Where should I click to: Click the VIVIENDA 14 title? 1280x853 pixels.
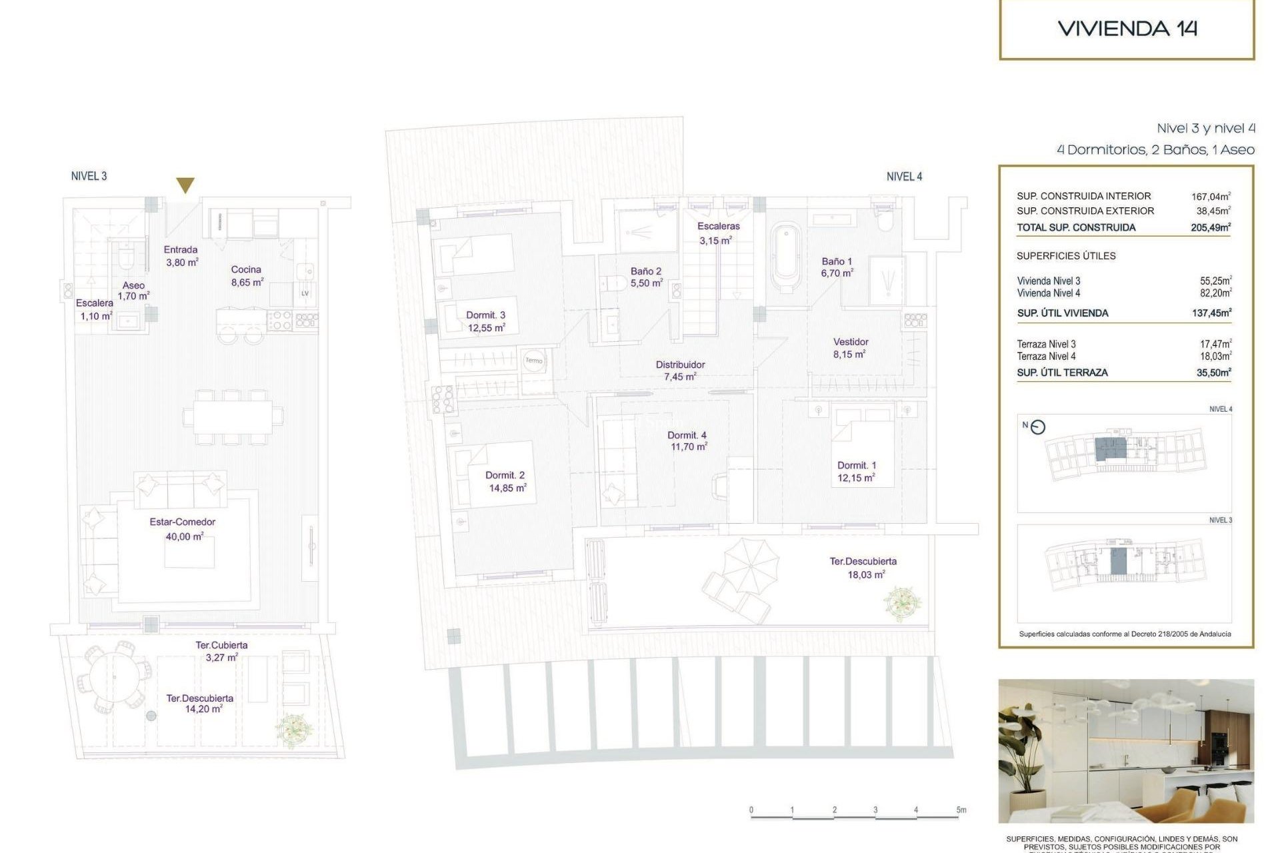(x=1127, y=29)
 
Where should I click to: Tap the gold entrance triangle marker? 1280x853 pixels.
(x=185, y=185)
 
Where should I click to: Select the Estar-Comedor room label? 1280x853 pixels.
(x=182, y=522)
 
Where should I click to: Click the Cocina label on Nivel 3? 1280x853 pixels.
(x=246, y=270)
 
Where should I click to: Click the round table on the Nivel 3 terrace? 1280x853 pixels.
(x=113, y=678)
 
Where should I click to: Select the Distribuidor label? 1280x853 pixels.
(x=680, y=365)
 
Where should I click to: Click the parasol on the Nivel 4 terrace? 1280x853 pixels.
(x=751, y=565)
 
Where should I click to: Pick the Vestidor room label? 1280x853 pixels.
(x=851, y=342)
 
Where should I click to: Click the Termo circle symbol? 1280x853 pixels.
(x=534, y=361)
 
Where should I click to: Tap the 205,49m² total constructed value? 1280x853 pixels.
(x=1211, y=227)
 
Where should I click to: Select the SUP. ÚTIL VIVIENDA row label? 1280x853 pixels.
(x=1063, y=313)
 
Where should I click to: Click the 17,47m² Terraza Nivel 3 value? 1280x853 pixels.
(x=1215, y=345)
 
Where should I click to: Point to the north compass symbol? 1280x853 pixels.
(x=1038, y=428)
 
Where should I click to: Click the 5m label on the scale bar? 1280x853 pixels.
(x=961, y=810)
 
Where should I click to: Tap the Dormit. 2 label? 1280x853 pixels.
(x=505, y=476)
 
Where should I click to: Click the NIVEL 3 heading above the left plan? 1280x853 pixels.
(x=89, y=177)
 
